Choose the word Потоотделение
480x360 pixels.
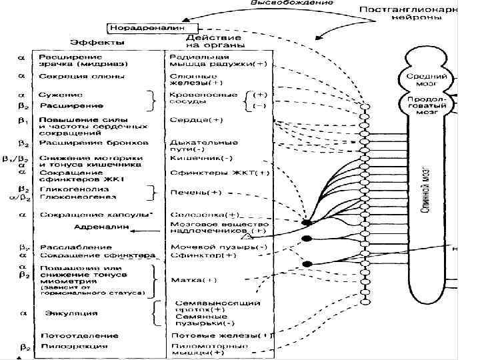(x=72, y=335)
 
